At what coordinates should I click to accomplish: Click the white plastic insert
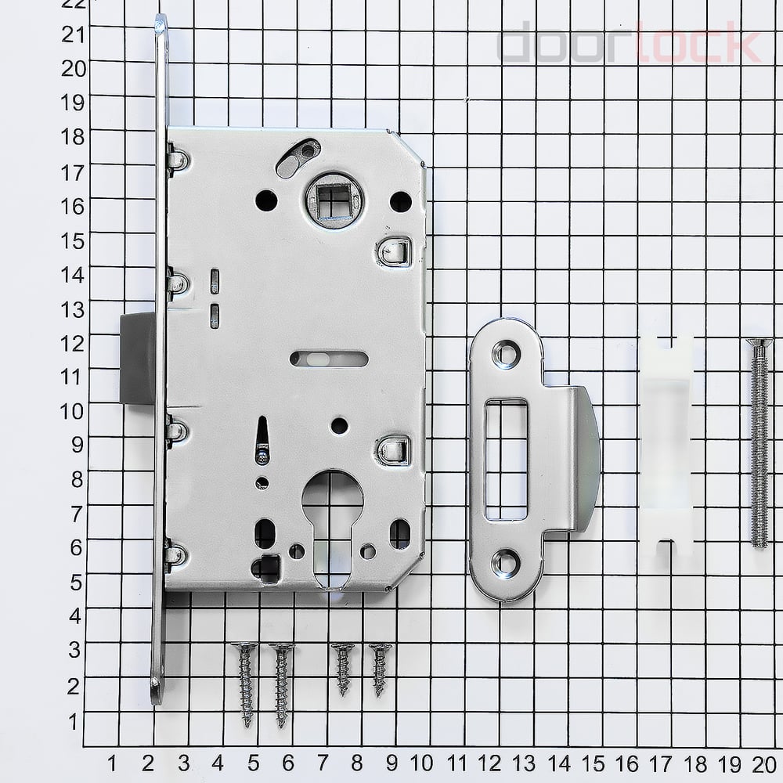(x=666, y=447)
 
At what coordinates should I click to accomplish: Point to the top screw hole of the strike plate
(x=507, y=354)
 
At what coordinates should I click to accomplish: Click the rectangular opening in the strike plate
(x=506, y=459)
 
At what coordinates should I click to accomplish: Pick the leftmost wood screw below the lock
(x=245, y=684)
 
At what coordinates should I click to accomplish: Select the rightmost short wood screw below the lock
(x=380, y=669)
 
